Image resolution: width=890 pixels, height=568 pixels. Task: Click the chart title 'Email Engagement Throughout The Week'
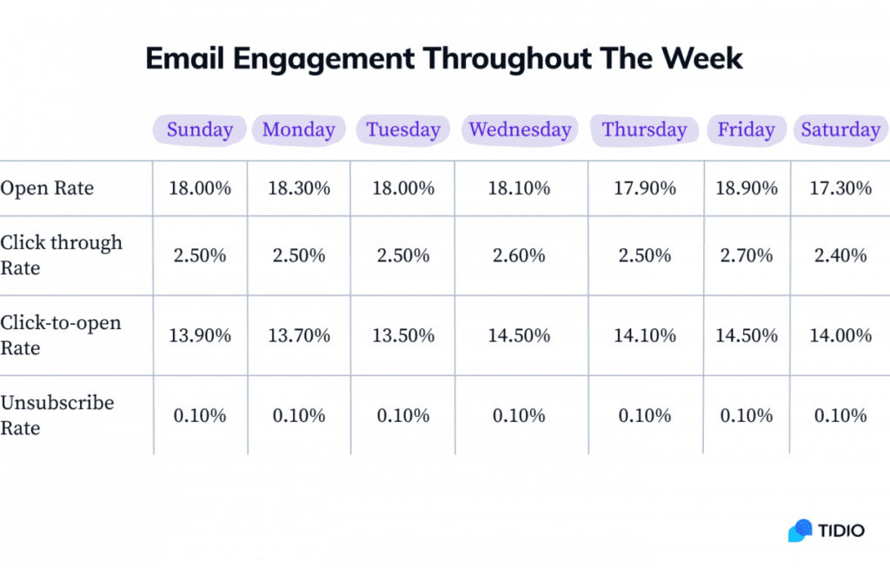[x=444, y=58]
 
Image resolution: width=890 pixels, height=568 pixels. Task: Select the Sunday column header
[x=200, y=130]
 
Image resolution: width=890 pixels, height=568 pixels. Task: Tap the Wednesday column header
[x=520, y=130]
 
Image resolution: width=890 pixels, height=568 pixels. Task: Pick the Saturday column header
[x=840, y=130]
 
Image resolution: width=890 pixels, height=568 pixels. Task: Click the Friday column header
[x=746, y=130]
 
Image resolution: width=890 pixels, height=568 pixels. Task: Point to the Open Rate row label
[x=47, y=188]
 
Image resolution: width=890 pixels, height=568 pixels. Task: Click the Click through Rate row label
[x=61, y=255]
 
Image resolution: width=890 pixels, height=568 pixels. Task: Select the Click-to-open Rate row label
[x=61, y=335]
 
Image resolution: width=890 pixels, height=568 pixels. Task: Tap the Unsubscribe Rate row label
[x=56, y=415]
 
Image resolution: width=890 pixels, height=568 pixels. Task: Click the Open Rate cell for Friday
[x=747, y=188]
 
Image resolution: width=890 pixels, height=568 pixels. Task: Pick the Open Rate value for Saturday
[x=840, y=188]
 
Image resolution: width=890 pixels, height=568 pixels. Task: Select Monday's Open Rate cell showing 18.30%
[x=299, y=188]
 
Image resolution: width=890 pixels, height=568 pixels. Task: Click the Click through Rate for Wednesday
[x=520, y=256]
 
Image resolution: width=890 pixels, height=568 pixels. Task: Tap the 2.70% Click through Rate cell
[x=747, y=256]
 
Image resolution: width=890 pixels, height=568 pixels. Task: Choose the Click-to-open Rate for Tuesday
[x=403, y=336]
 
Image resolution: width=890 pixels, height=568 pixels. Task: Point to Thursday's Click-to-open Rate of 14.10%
[x=645, y=336]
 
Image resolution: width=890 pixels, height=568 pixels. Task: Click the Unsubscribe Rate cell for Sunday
[x=200, y=416]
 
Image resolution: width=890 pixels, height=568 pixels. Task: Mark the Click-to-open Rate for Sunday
[x=200, y=336]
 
